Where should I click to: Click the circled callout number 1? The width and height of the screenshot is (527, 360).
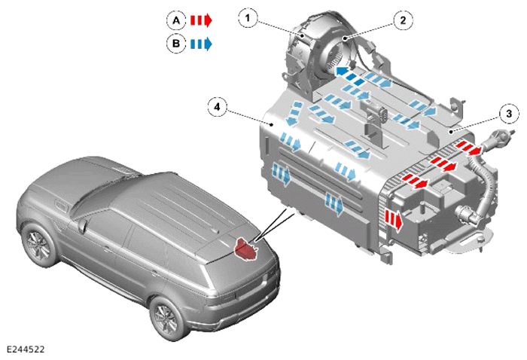pos(248,17)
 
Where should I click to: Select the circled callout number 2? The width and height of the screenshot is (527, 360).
pos(403,20)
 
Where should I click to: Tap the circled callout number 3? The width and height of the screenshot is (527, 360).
pos(509,114)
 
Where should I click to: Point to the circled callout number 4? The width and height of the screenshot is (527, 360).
pos(217,107)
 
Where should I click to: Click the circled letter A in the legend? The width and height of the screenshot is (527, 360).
pos(176,20)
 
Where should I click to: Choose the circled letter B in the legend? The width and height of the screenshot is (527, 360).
pos(176,44)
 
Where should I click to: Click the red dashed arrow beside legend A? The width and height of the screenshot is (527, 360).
pos(201,20)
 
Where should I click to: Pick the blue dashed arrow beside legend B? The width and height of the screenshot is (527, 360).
pos(201,44)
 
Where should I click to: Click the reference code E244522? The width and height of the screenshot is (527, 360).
pos(26,349)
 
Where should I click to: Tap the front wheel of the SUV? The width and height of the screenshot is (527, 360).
pos(38,245)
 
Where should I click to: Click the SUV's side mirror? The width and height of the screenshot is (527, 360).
pos(81,226)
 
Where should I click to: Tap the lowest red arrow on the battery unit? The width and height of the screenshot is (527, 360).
pos(394,219)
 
